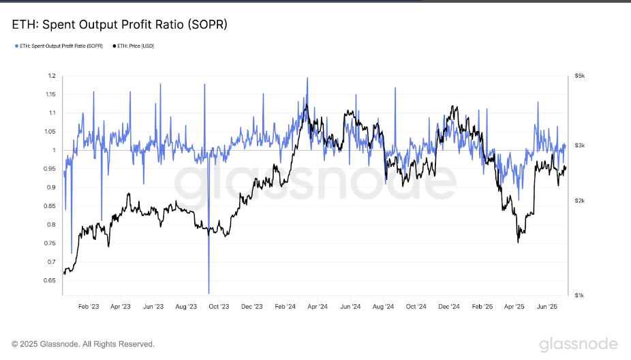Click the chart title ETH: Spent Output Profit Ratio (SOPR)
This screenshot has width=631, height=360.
coord(119,25)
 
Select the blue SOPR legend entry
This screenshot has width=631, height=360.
coord(58,46)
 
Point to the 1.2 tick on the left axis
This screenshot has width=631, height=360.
coord(52,76)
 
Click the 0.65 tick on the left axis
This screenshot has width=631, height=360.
coord(50,280)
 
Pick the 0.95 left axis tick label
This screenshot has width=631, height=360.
coord(50,168)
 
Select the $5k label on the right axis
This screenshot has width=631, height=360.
coord(579,76)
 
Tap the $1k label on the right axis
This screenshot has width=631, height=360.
coord(579,295)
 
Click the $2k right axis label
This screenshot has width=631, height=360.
coord(579,201)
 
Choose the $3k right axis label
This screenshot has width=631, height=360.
coord(579,145)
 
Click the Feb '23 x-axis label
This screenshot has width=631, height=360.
coord(88,307)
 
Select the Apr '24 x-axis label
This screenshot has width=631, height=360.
coord(318,307)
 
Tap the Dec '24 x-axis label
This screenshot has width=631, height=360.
coord(449,307)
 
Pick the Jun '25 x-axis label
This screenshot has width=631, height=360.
coord(548,307)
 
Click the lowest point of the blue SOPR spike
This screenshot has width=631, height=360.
coord(209,292)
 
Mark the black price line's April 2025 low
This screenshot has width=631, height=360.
coord(518,241)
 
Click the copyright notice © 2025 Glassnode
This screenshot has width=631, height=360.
coord(83,344)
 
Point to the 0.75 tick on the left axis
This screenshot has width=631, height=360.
coord(50,243)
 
